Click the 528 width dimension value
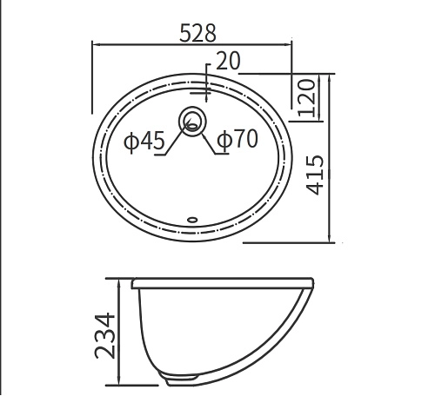[x=197, y=33]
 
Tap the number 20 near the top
[x=229, y=61]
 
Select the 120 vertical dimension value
[x=304, y=97]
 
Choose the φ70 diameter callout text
[x=237, y=140]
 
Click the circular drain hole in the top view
[x=191, y=120]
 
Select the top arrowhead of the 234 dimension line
[x=119, y=282]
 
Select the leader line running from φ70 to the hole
[x=207, y=139]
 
